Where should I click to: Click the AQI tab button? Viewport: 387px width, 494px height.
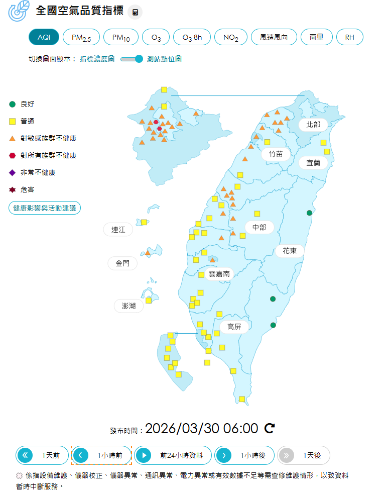(x=44, y=37)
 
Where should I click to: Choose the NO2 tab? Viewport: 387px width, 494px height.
(x=231, y=37)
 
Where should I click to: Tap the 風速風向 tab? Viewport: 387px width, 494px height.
(x=274, y=37)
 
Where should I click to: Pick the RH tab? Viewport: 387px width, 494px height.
(x=349, y=37)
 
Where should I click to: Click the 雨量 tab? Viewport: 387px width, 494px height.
(x=317, y=37)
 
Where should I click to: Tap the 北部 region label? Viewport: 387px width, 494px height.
(x=313, y=124)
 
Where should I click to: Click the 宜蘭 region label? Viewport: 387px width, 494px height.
(x=313, y=163)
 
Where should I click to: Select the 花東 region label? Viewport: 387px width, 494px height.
(x=290, y=250)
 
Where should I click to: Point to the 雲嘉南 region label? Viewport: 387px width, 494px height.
(x=219, y=274)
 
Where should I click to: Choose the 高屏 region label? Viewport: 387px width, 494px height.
(x=234, y=327)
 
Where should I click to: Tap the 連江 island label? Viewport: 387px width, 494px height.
(x=118, y=230)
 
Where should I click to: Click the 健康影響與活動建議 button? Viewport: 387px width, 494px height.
(x=45, y=208)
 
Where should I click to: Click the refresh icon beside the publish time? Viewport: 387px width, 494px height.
(x=270, y=428)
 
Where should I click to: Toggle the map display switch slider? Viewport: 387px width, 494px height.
(x=132, y=59)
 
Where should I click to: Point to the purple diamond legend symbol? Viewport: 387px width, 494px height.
(x=13, y=173)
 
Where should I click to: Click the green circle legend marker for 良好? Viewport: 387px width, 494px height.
(x=13, y=105)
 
